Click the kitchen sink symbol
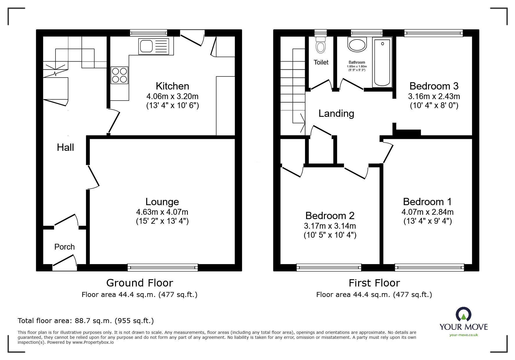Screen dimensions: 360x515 pos(154,46)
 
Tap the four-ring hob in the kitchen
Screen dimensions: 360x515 pos(119,75)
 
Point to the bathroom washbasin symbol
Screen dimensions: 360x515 pos(357,45)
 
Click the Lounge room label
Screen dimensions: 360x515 pos(162,202)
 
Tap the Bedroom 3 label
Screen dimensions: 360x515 pos(434,86)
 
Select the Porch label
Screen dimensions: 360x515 pos(65,247)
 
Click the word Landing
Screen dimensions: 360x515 pos(336,114)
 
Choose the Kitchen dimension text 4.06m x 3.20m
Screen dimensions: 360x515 pos(172,96)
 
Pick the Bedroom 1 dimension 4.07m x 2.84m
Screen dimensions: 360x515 pos(427,212)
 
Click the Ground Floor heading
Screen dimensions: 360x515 pos(140,283)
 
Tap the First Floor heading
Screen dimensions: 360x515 pos(374,283)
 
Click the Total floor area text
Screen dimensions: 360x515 pos(86,321)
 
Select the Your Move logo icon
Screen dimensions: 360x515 pos(463,315)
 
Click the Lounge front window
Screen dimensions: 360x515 pos(163,267)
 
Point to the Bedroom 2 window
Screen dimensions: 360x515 pos(329,267)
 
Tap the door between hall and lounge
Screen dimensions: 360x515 pos(93,176)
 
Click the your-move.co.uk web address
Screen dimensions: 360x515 pos(464,335)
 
